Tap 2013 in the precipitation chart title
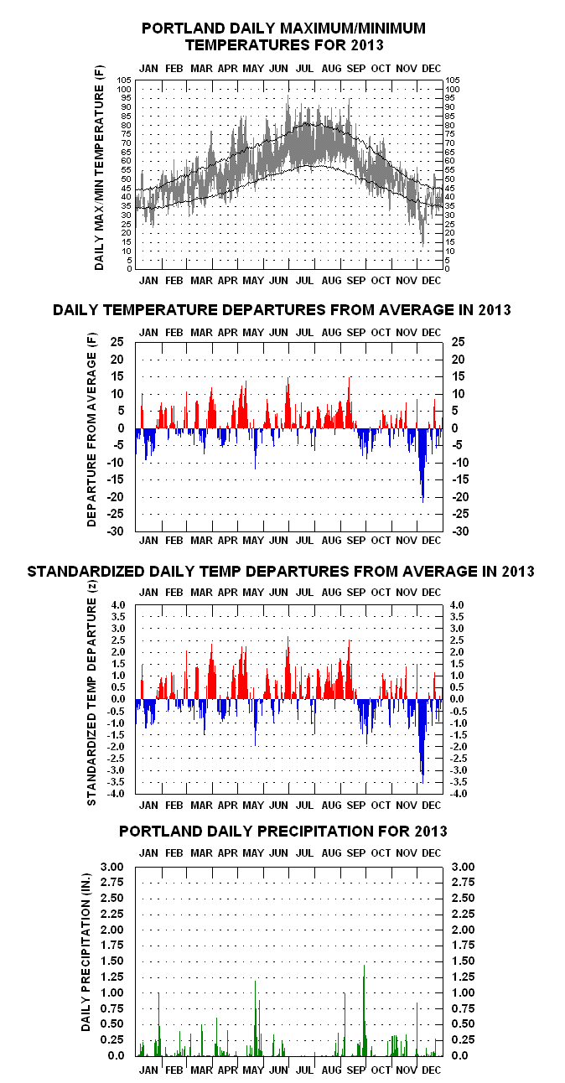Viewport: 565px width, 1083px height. point(430,831)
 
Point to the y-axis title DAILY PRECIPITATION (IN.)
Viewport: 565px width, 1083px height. point(86,952)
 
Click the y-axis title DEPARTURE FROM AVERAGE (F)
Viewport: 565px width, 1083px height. point(92,429)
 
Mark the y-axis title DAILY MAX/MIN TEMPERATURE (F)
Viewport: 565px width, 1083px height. point(99,168)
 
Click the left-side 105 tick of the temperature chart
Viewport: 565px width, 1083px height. point(124,80)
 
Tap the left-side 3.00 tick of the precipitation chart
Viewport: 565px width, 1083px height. point(111,867)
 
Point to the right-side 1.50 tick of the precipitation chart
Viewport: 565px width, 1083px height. point(463,961)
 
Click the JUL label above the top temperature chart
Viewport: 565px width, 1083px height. point(304,69)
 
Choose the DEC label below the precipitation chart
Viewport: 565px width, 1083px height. point(431,1070)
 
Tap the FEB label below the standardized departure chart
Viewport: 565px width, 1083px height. point(174,806)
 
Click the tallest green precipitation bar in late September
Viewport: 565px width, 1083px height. point(364,1010)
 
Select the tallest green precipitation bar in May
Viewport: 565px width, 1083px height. point(255,1018)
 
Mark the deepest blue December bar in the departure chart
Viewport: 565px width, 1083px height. point(422,465)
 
